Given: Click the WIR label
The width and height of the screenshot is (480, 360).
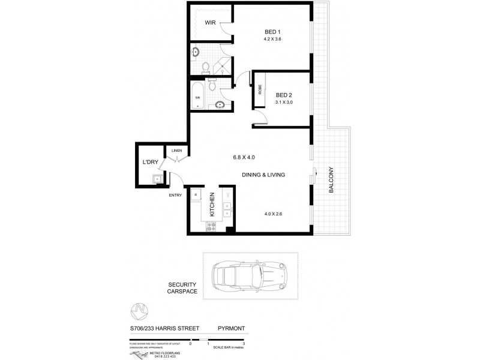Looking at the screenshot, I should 210,23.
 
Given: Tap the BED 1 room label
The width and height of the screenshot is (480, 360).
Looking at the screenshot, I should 272,32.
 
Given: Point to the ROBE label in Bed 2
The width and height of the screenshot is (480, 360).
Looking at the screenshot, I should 260,91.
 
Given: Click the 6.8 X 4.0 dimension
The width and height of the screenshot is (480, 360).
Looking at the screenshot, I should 244,158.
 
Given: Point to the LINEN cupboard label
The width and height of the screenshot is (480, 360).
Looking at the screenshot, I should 176,151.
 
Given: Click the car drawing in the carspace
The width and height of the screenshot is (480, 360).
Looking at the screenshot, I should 250,278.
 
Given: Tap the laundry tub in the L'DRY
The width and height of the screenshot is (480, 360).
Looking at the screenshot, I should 158,178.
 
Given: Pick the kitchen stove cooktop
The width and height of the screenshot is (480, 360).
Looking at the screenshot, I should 212,226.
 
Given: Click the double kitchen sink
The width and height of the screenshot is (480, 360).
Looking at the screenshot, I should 228,209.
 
